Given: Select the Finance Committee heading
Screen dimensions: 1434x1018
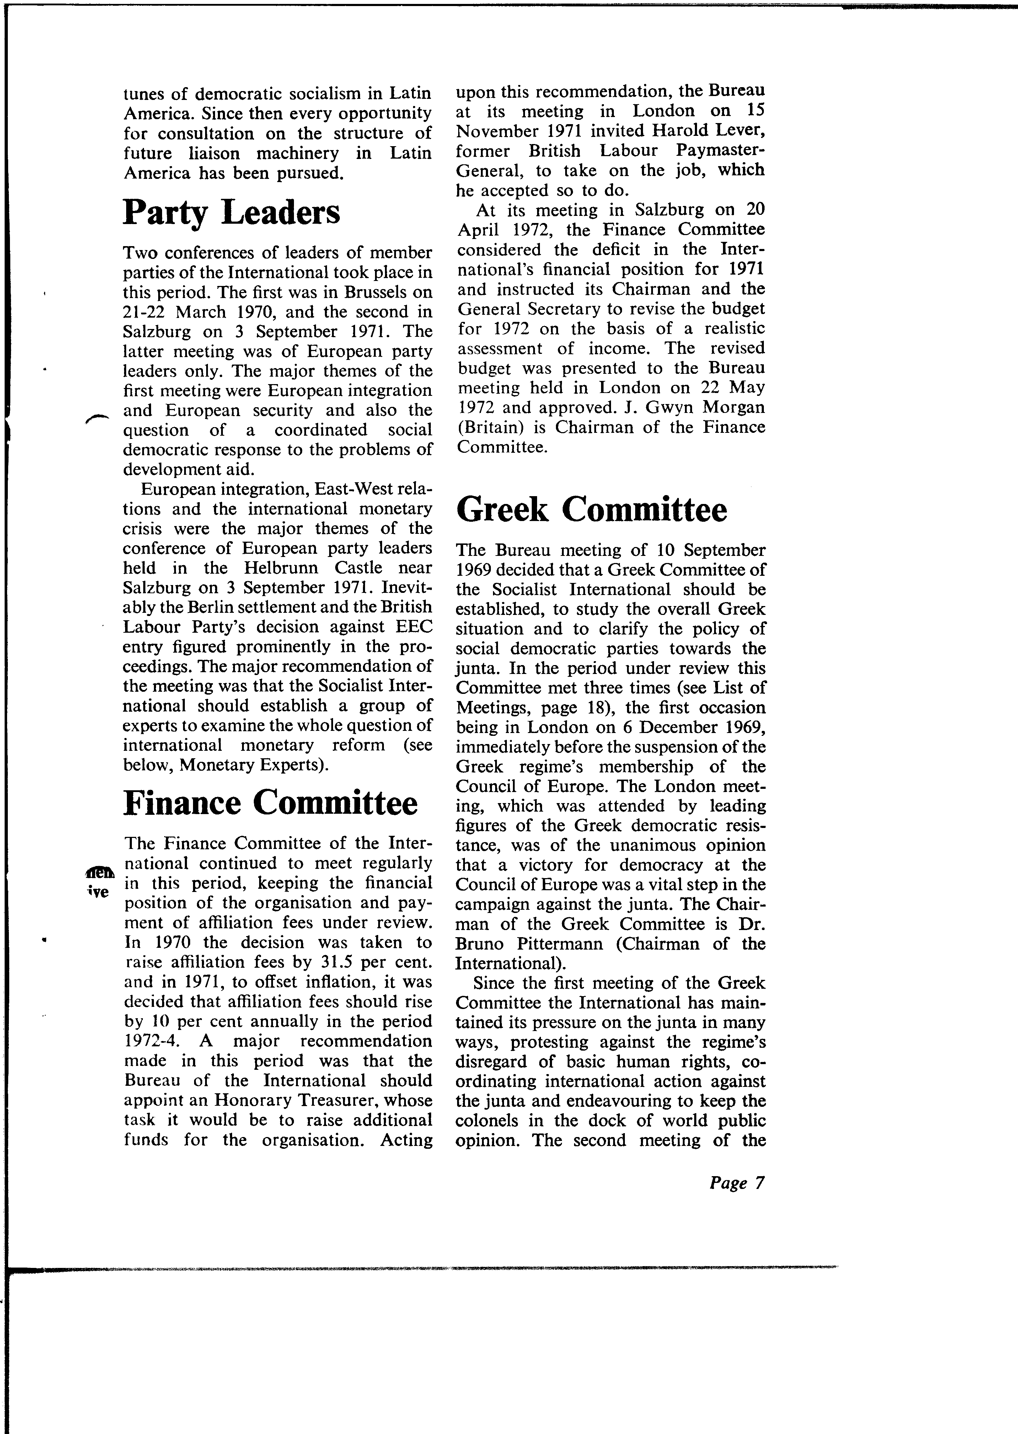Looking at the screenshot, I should (x=270, y=803).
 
